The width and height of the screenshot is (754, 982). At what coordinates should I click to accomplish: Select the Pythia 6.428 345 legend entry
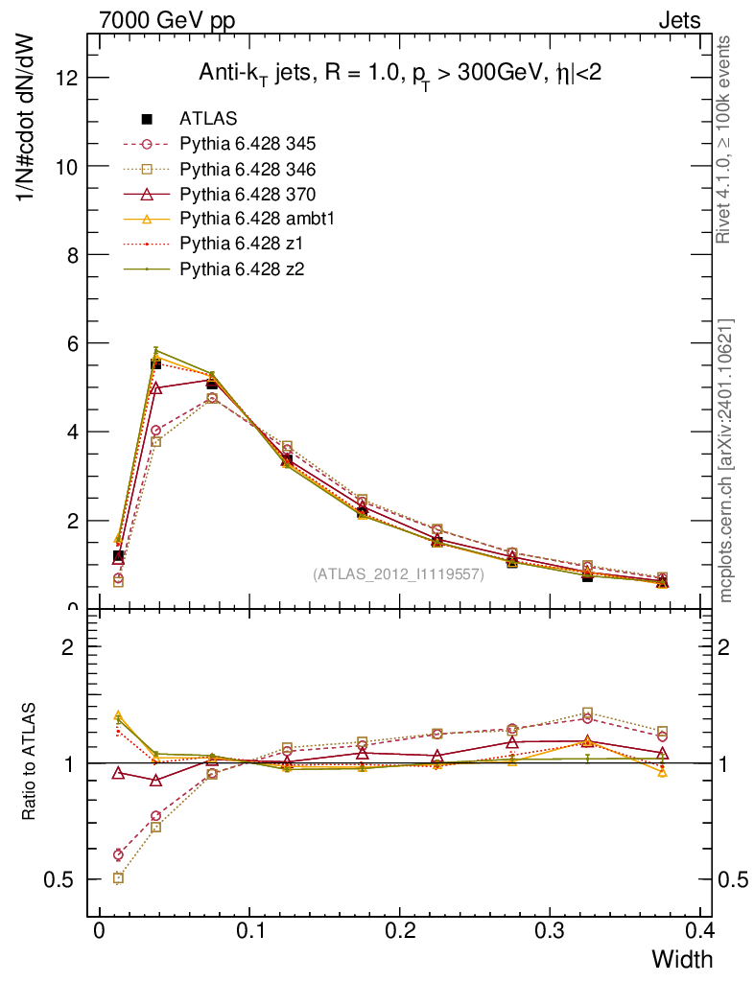tap(247, 144)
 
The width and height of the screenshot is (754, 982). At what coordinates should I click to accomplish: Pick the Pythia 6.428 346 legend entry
tap(247, 169)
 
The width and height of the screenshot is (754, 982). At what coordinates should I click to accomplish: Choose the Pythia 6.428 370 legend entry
tap(247, 194)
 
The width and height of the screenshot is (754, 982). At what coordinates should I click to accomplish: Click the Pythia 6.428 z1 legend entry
tap(240, 244)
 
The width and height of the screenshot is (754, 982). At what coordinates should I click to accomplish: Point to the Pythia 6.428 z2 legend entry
tap(240, 269)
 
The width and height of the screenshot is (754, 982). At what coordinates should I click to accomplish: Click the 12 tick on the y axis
tap(66, 77)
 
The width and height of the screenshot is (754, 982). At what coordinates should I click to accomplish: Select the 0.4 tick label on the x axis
tap(699, 932)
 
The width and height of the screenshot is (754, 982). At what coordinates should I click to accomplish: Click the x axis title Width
tap(682, 959)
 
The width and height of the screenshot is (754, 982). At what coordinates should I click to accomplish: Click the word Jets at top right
tap(678, 19)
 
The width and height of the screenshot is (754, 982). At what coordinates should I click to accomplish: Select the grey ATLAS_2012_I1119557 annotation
tap(398, 574)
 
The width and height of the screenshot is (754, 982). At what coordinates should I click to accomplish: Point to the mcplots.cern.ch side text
tap(726, 460)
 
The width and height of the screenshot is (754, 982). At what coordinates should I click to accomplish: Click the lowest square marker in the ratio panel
tap(118, 877)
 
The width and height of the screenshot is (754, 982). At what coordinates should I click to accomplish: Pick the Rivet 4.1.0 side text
tap(726, 139)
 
